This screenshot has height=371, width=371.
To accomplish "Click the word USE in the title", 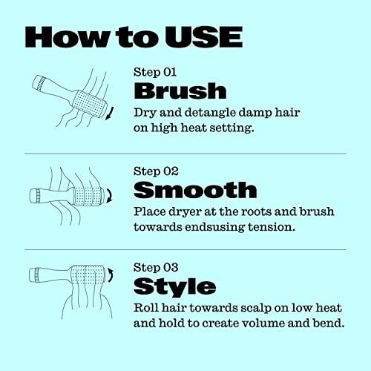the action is click(203, 37).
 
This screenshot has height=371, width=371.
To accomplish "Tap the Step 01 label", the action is click(155, 72).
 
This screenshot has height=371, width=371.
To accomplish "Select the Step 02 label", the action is click(156, 171).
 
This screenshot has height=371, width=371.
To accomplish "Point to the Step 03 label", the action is click(156, 267).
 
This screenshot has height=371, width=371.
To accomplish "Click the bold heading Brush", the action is click(180, 91).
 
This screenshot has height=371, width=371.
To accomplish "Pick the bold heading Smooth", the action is click(195, 190).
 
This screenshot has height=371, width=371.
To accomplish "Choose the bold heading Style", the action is click(174, 287).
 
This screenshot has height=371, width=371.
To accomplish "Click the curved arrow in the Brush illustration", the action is click(110, 114).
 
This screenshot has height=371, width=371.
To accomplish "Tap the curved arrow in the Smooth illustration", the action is click(111, 196).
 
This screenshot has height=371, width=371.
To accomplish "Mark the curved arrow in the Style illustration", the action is click(111, 275).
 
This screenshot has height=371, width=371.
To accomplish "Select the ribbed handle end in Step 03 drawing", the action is click(36, 275).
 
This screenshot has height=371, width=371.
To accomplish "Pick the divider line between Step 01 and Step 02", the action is click(185, 154).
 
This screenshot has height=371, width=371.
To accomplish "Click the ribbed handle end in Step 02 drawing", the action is click(38, 196).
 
